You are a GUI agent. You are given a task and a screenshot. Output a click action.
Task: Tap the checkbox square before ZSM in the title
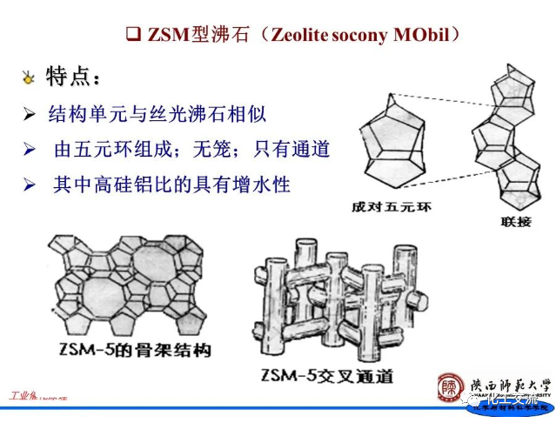coord(133,35)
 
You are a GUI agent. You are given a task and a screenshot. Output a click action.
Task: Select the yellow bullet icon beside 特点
coord(28,79)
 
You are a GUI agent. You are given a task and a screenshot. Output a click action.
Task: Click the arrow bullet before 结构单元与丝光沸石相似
coord(30,114)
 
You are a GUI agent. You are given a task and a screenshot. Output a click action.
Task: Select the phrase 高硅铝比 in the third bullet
coord(131,185)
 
